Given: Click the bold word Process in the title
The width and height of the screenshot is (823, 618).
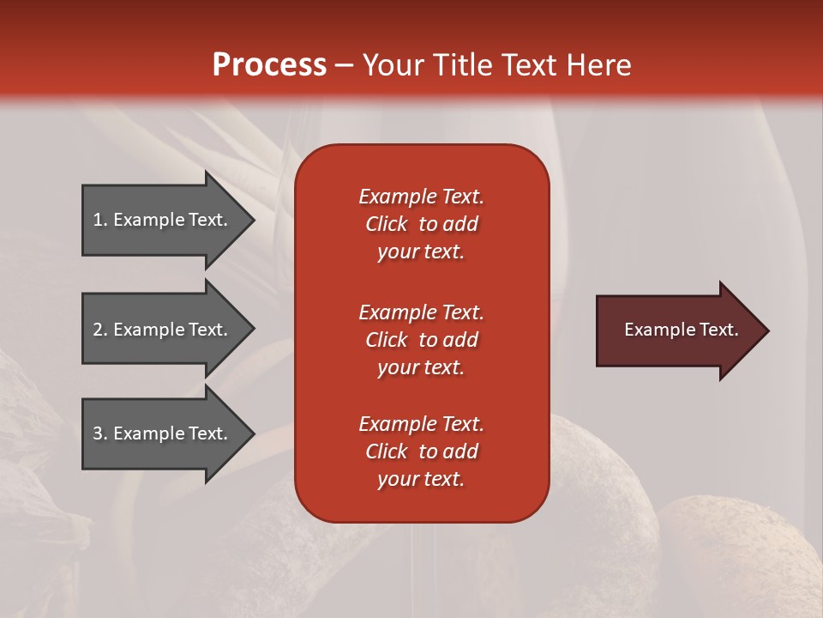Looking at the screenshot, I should (269, 65).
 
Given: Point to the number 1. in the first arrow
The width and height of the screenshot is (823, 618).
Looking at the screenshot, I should (100, 220).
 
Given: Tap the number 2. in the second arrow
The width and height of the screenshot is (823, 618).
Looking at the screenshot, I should (100, 330).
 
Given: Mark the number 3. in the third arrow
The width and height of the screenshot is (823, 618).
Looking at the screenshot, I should (100, 433).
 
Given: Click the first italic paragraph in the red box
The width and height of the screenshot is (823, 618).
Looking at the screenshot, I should (421, 224).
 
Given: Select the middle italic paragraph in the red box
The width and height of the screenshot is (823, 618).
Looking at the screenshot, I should (421, 340).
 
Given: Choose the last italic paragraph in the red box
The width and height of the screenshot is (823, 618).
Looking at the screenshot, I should (421, 451).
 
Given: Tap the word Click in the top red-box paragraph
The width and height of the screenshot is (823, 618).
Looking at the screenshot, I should (386, 224).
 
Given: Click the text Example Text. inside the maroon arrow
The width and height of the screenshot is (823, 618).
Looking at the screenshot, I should (681, 330).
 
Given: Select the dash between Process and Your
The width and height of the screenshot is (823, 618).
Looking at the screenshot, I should (344, 66).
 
